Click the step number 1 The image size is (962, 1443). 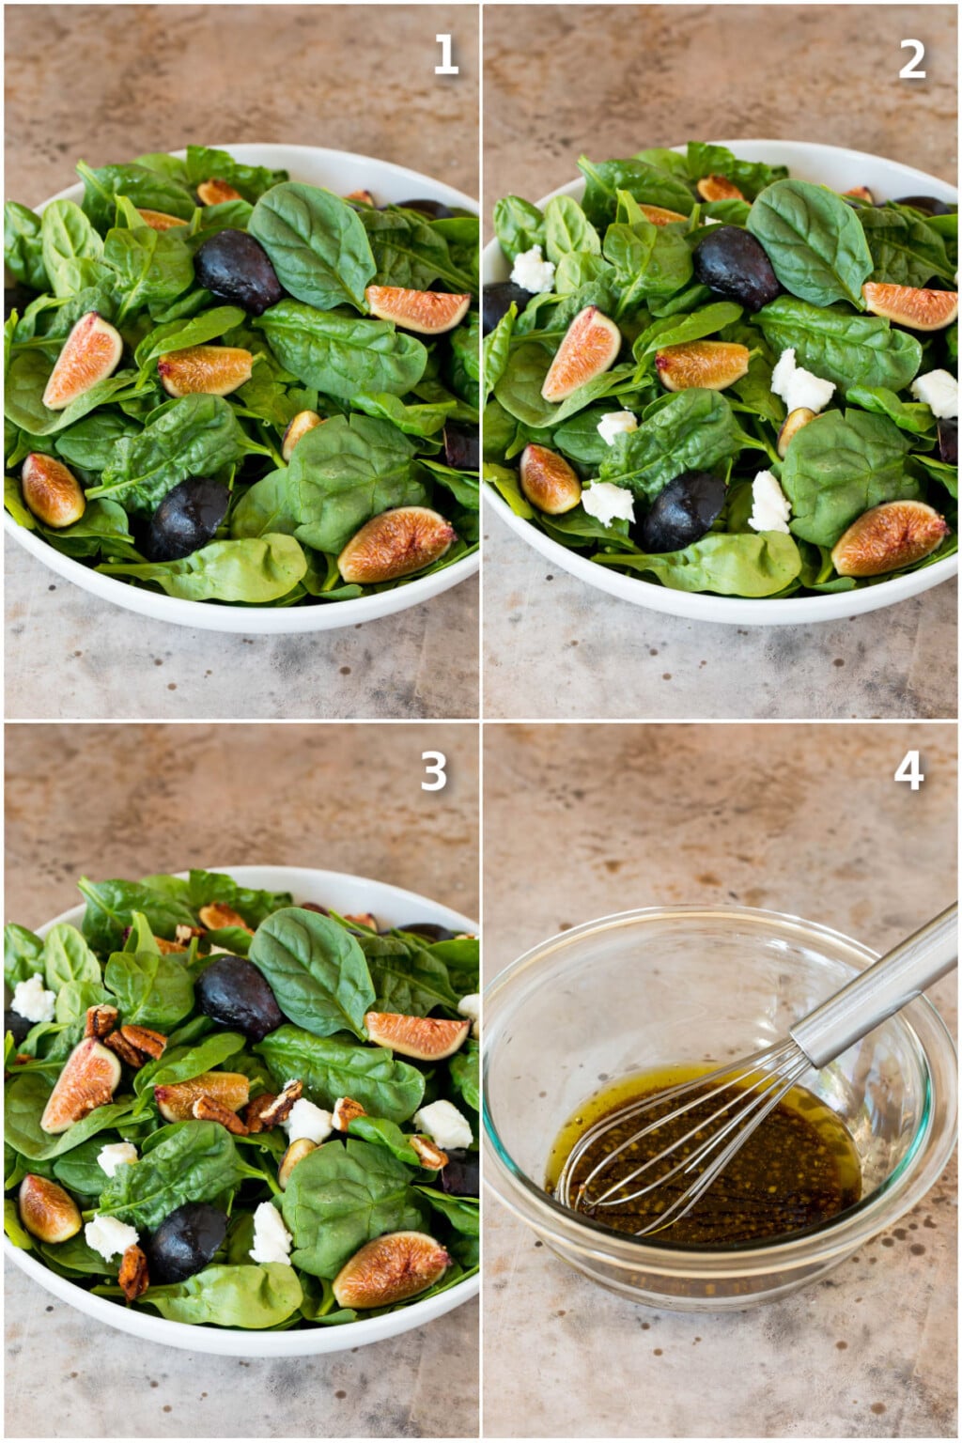[445, 54]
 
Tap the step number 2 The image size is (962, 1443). [911, 58]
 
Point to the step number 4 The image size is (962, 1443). [908, 770]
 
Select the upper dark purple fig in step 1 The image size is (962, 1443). [236, 271]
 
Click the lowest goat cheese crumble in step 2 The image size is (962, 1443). [769, 504]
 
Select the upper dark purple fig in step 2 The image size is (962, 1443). [735, 267]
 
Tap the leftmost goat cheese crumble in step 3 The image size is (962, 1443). [33, 999]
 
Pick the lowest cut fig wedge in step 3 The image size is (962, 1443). [391, 1268]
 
